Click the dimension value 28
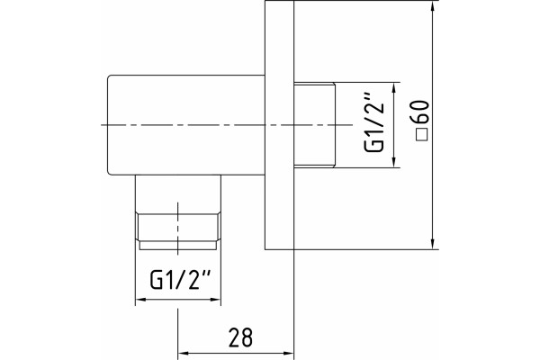(x=240, y=337)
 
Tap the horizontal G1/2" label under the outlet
(x=180, y=279)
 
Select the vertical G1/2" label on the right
(x=374, y=122)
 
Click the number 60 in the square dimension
(x=421, y=112)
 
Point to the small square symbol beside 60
(x=421, y=135)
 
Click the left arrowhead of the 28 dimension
(x=183, y=353)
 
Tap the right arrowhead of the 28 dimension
(x=289, y=353)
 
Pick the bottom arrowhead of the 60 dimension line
(x=433, y=244)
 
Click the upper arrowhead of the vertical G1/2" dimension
(x=394, y=88)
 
